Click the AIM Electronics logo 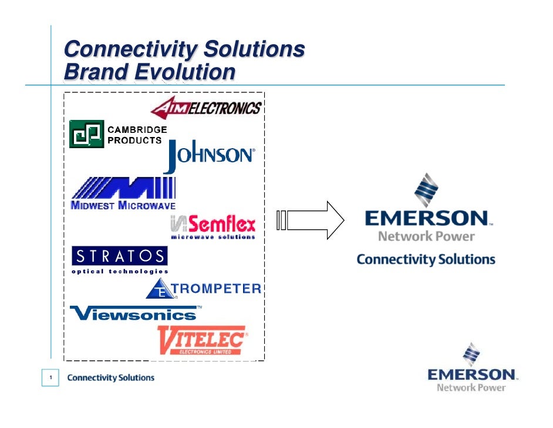pos(206,108)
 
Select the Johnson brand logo pos(209,155)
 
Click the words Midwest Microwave pos(123,205)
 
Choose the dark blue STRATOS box pos(119,256)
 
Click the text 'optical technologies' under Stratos pos(120,272)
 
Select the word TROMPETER pos(217,288)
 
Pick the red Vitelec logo pos(203,340)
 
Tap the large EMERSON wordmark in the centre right pos(426,219)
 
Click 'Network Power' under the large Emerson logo pos(426,236)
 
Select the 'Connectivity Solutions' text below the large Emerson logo pos(426,259)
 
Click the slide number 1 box pos(52,377)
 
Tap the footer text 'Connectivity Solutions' pos(111,377)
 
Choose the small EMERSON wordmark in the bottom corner pos(471,374)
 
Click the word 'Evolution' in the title pos(185,72)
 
